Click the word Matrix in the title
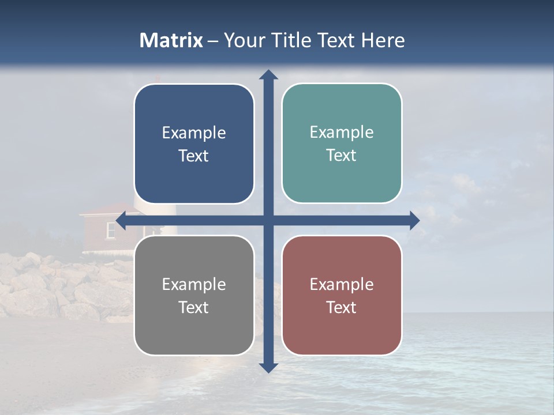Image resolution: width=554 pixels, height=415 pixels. click(x=171, y=40)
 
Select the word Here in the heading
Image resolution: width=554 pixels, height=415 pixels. click(x=383, y=40)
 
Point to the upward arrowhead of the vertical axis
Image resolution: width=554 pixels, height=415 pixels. click(x=268, y=74)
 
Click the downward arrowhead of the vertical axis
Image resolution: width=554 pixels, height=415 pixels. click(x=268, y=367)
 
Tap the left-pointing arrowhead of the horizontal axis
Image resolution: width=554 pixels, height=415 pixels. click(x=121, y=221)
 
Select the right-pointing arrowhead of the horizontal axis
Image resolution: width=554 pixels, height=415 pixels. click(x=414, y=221)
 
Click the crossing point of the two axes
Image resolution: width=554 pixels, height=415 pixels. click(x=268, y=221)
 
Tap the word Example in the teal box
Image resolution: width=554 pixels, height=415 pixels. click(x=342, y=132)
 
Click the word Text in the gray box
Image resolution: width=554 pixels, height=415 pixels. click(x=194, y=307)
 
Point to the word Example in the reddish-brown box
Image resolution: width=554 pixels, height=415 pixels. click(x=342, y=284)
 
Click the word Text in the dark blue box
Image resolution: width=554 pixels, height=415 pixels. click(x=194, y=156)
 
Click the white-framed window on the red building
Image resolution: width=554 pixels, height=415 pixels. click(x=111, y=229)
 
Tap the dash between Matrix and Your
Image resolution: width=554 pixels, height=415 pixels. click(x=213, y=41)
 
